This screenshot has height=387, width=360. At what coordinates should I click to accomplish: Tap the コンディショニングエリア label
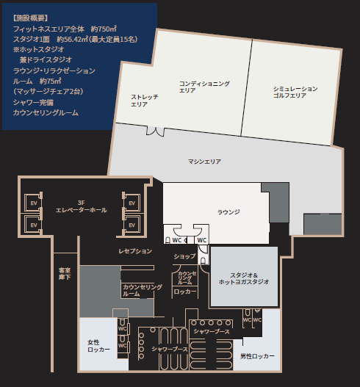point(204,87)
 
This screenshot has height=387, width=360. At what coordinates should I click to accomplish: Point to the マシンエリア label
point(204,161)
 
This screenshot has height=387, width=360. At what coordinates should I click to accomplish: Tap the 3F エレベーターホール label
point(82,206)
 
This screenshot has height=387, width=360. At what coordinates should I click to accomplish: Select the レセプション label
point(135,251)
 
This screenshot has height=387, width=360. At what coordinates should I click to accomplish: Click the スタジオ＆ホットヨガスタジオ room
point(244,277)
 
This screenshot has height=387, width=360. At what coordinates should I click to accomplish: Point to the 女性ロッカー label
point(98,346)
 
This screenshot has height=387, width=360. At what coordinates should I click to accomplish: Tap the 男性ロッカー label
point(257,356)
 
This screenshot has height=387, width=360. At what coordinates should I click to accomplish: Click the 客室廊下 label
point(65,273)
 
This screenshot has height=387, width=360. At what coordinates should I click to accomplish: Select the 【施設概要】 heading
point(31,16)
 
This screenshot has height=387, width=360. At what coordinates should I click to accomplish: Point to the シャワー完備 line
point(33,103)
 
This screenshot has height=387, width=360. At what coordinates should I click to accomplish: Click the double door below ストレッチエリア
point(156,131)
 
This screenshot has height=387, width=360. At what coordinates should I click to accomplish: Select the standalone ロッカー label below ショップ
point(184,292)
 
